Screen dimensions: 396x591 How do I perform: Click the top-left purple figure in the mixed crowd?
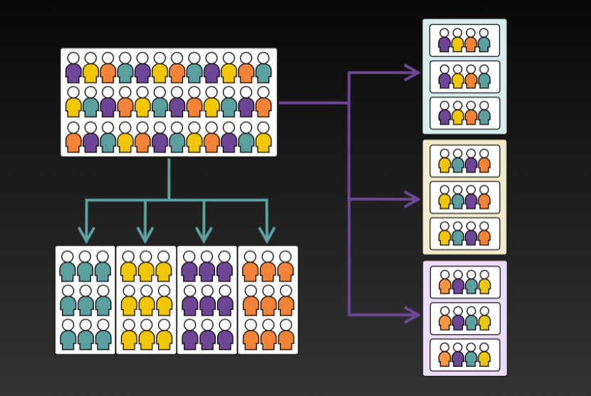tap(73, 68)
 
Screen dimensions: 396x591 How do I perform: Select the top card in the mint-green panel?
tap(464, 40)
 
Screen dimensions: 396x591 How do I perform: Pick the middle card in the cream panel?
tap(464, 197)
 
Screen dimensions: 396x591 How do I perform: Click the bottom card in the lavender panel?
tap(464, 355)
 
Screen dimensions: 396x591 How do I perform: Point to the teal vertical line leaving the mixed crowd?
tap(169, 178)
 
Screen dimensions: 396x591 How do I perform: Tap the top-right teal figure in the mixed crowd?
tap(263, 68)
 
